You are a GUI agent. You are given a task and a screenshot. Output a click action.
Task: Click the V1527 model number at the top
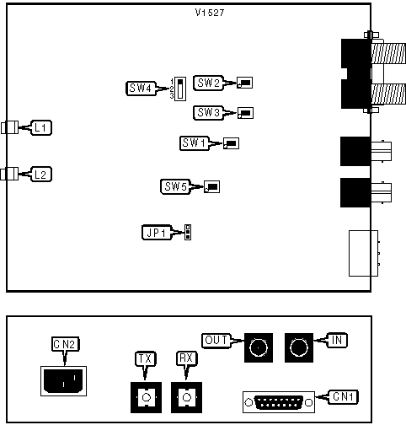pyautogui.click(x=208, y=14)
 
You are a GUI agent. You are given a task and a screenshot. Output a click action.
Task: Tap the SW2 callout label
pyautogui.click(x=207, y=83)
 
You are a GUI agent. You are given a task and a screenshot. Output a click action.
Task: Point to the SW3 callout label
pyautogui.click(x=207, y=112)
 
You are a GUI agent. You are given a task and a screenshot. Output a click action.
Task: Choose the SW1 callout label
pyautogui.click(x=195, y=143)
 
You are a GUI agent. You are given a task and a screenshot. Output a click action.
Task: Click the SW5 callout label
pyautogui.click(x=175, y=186)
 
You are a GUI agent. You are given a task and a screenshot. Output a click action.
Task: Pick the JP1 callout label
pyautogui.click(x=156, y=232)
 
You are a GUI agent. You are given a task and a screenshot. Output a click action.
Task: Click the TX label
pyautogui.click(x=146, y=359)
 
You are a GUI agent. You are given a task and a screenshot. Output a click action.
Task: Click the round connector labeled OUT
pyautogui.click(x=259, y=347)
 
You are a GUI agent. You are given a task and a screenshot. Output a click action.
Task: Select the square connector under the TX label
pyautogui.click(x=146, y=396)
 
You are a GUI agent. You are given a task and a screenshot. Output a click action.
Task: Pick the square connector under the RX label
pyautogui.click(x=187, y=396)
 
